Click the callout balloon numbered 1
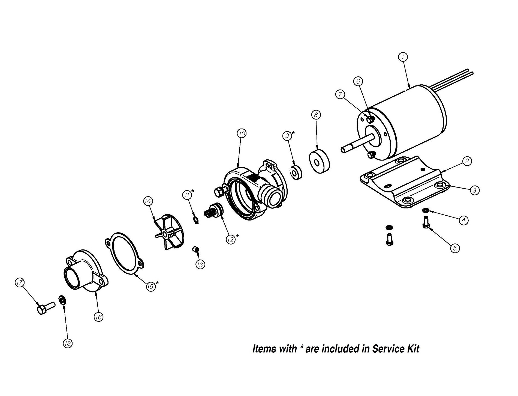pos(403,57)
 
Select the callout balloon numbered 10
pos(242,134)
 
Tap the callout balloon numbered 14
pos(148,201)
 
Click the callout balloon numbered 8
pos(316,115)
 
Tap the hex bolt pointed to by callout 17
pos(45,309)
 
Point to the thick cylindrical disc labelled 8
pos(320,161)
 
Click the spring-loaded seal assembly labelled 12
pos(214,212)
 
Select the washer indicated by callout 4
pos(426,210)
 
